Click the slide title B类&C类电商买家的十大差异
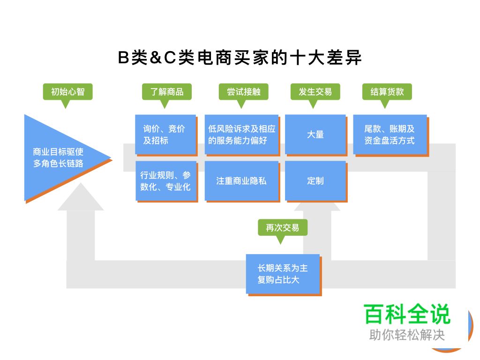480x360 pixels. click(240, 58)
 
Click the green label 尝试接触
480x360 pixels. click(243, 91)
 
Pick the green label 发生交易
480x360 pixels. click(315, 91)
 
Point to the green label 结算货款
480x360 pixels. click(387, 91)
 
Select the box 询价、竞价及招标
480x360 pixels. click(166, 135)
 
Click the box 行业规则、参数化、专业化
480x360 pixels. click(166, 181)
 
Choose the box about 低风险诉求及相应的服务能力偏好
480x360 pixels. click(241, 135)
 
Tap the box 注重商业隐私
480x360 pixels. click(241, 181)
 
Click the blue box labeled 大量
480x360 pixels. click(315, 135)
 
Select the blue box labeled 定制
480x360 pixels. click(315, 181)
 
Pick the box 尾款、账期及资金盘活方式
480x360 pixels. click(390, 135)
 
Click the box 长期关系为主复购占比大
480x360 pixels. click(283, 274)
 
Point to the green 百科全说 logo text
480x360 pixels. click(407, 315)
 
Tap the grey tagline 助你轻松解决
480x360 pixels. click(407, 335)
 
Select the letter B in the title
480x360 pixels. click(123, 59)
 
